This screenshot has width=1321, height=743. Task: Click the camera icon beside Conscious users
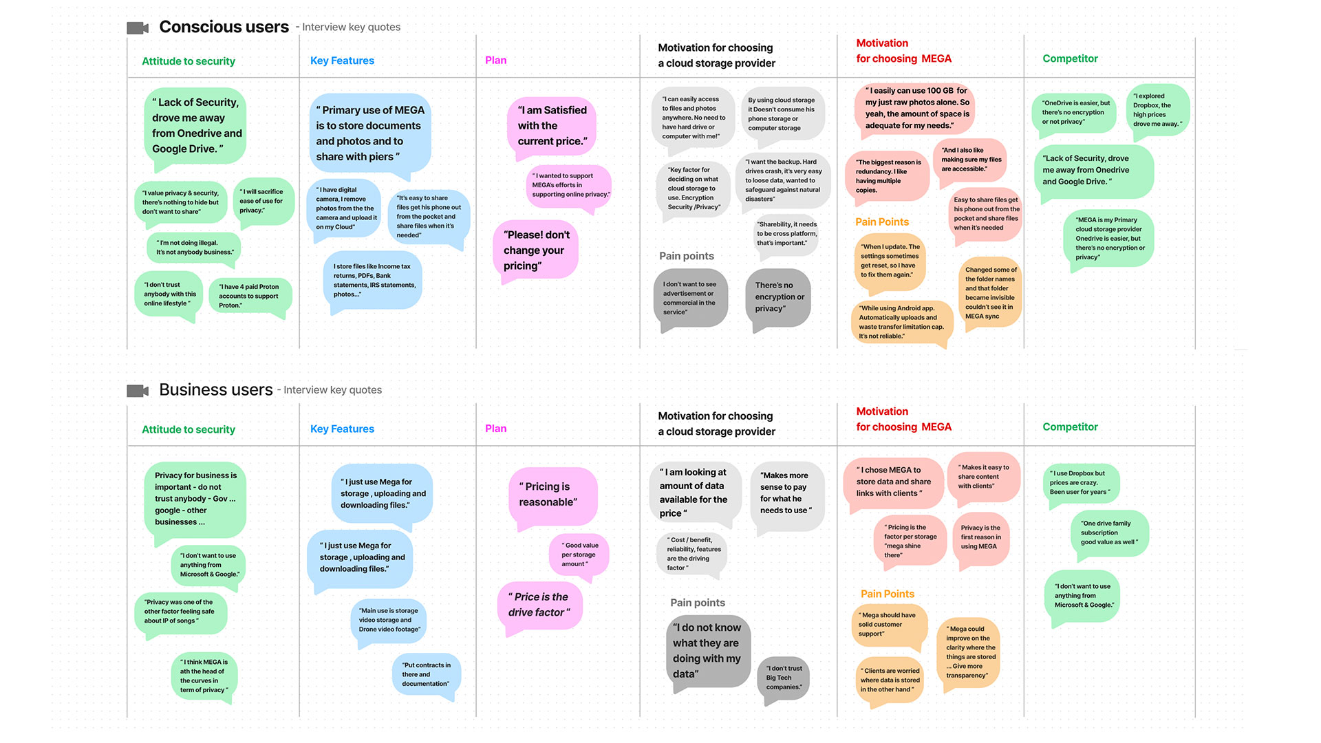pos(138,28)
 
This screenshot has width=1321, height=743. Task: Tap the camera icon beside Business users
pos(138,391)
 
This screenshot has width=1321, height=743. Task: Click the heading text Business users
pos(215,390)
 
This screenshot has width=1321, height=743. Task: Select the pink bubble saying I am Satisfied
pos(552,125)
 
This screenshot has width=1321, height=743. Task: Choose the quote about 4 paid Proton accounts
pos(249,296)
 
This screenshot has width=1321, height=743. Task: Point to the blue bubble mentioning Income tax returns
pos(373,280)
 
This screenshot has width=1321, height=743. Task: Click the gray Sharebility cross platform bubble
pos(786,234)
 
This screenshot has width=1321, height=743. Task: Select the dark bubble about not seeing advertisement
pos(690,298)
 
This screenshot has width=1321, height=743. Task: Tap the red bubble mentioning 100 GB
pos(916,108)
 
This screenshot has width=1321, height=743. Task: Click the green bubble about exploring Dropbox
pos(1157,110)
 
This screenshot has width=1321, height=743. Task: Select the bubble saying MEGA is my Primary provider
pos(1109,238)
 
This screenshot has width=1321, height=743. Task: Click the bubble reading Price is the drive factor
pos(539,604)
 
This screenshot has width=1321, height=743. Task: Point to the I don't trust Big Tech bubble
pos(784,678)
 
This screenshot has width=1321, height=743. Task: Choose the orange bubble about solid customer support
pos(889,625)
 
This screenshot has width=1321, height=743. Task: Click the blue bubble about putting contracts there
pos(426,674)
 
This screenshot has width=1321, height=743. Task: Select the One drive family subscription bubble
pos(1109,532)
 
